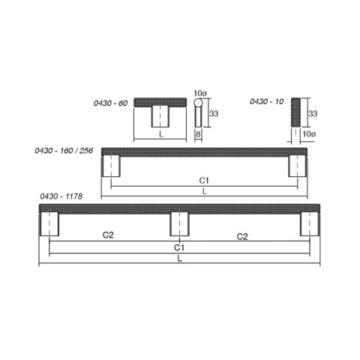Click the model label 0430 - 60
[110, 103]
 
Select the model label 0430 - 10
[267, 101]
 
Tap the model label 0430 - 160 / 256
[64, 151]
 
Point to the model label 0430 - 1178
[61, 196]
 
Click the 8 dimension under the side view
[198, 134]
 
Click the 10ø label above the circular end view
[200, 94]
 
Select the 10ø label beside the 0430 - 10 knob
[309, 134]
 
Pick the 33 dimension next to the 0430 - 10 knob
[313, 114]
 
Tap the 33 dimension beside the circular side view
[214, 114]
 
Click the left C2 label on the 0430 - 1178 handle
[108, 235]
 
